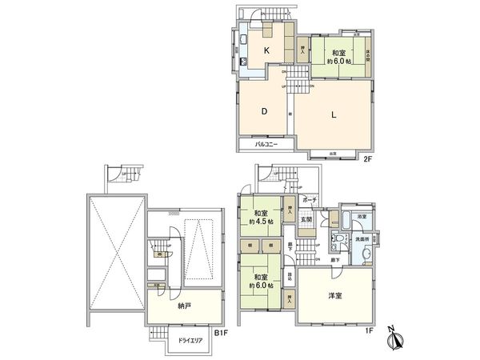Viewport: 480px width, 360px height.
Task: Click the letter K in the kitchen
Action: [x=266, y=50]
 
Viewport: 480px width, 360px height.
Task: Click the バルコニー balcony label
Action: [x=267, y=145]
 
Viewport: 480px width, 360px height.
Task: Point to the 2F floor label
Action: [x=368, y=158]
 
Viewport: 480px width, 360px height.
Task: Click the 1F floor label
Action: [x=369, y=330]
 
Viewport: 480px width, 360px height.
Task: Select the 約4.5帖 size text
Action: [x=261, y=221]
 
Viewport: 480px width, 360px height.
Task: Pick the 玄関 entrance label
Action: [x=306, y=219]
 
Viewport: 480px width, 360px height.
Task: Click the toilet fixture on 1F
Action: [x=339, y=238]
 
